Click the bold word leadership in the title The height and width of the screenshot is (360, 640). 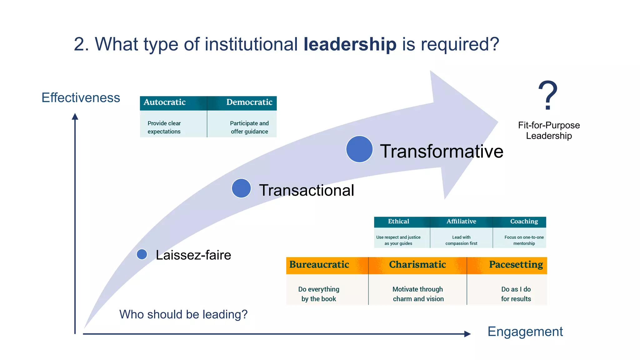pos(350,44)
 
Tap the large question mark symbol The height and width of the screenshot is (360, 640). pos(548,95)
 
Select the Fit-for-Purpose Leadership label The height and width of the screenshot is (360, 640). pos(549,131)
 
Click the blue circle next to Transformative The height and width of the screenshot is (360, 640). pos(359,149)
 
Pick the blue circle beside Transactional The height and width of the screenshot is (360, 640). pos(241,188)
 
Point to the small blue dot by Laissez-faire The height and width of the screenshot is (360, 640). pos(142,254)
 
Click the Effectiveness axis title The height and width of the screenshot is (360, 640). pos(81,98)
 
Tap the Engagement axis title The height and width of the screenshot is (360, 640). pos(525,332)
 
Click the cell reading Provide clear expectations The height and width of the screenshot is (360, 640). pos(164,127)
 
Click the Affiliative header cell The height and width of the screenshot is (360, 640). pos(461,222)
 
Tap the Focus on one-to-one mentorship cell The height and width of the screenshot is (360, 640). pos(524,240)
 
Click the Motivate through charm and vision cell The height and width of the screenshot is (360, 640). pos(418,294)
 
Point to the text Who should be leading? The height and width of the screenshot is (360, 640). pos(183,314)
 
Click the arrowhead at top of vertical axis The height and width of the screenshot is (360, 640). pos(75,117)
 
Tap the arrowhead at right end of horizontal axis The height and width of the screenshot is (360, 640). pos(467,334)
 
